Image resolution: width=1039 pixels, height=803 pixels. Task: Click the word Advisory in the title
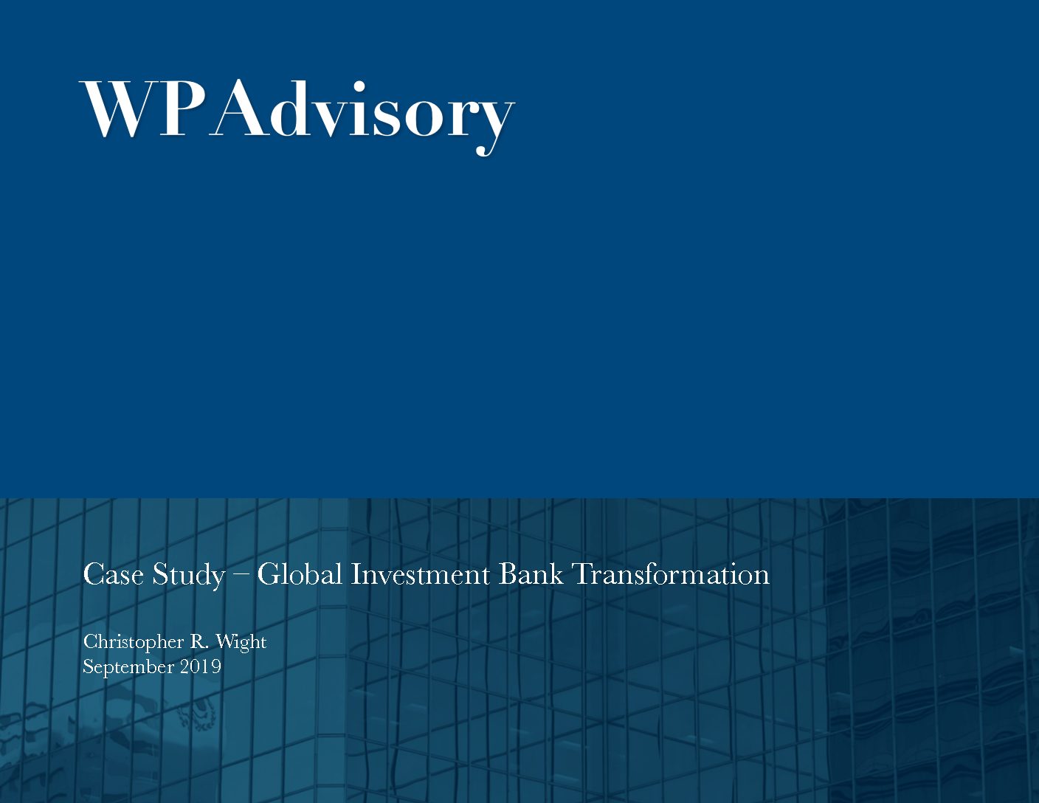362,111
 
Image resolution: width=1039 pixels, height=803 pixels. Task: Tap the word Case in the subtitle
113,574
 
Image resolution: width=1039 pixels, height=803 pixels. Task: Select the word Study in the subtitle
188,575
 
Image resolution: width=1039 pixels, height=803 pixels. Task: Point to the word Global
300,574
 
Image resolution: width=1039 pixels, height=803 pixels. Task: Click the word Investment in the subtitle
420,574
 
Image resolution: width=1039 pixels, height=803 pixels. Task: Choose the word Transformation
671,574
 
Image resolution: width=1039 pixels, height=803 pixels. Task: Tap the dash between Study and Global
241,575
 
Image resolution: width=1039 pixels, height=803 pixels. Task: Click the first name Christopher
133,642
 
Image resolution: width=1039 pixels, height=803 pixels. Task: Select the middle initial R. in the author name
199,641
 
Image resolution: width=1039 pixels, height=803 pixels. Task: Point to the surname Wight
241,642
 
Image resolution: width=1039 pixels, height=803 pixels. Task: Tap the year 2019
201,666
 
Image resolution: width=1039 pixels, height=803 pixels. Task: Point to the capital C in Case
92,574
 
